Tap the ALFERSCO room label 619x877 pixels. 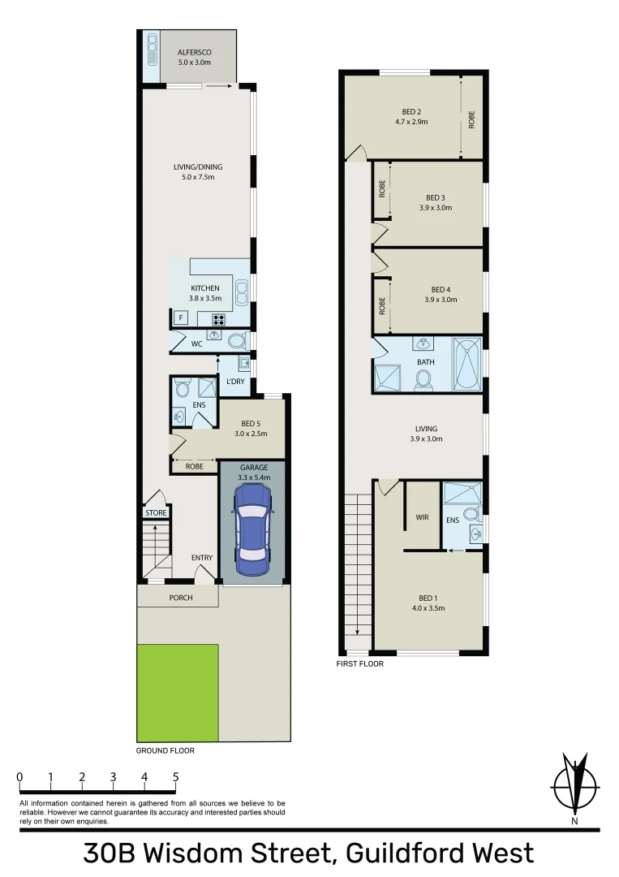[x=194, y=52]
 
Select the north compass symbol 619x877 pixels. [x=574, y=788]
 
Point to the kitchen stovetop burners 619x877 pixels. [x=217, y=319]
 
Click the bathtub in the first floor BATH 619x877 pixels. [x=466, y=365]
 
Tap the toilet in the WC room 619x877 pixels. [x=235, y=341]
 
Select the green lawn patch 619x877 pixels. [x=178, y=693]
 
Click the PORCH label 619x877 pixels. [x=181, y=598]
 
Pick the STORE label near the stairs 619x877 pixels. [x=156, y=513]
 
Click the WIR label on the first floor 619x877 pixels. [x=421, y=516]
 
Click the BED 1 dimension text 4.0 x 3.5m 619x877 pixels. [x=428, y=607]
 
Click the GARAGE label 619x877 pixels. [x=253, y=468]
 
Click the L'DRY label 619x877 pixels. [x=235, y=382]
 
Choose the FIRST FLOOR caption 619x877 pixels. [x=360, y=663]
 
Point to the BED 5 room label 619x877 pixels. [x=251, y=423]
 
